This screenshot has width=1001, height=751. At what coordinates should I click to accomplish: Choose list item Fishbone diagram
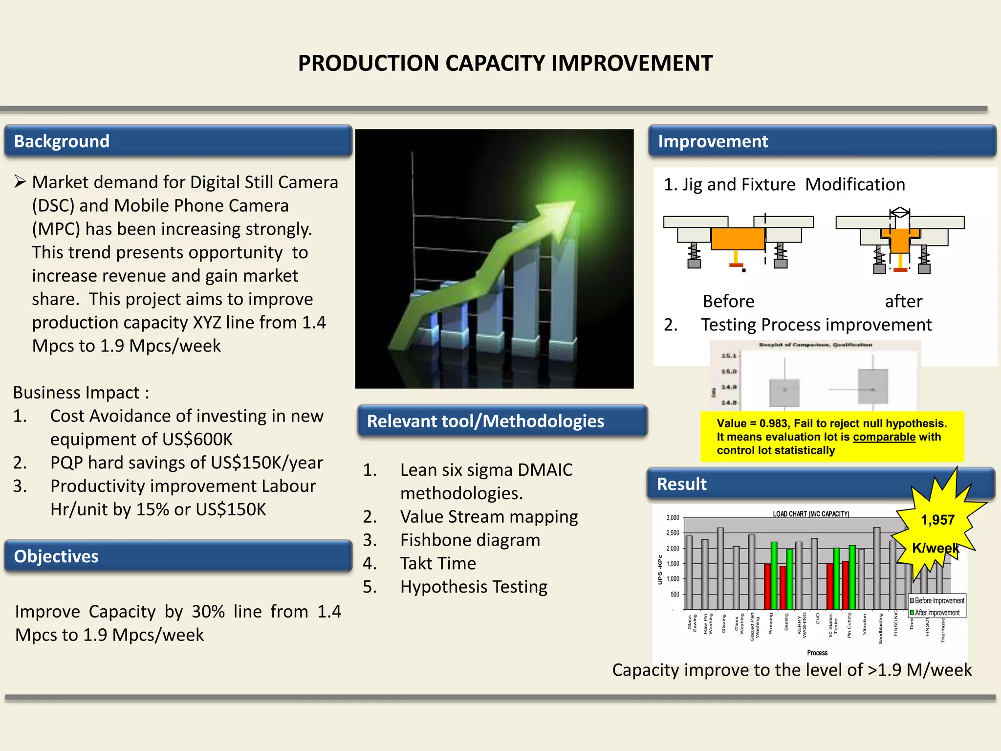click(470, 540)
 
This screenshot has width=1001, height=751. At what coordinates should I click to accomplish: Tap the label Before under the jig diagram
click(728, 301)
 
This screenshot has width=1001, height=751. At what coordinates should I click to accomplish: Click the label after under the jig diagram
click(903, 301)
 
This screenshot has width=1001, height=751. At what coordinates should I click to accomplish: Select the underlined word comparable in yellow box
click(884, 437)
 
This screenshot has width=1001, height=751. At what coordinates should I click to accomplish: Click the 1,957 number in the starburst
click(937, 520)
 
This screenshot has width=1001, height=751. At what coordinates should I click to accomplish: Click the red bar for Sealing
click(783, 587)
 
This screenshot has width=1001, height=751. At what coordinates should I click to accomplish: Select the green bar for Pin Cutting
click(852, 577)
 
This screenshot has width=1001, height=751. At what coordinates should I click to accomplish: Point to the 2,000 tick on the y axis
click(673, 549)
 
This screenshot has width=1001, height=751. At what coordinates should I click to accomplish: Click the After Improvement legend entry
click(936, 613)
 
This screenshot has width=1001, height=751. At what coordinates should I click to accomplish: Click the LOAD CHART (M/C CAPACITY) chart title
click(811, 514)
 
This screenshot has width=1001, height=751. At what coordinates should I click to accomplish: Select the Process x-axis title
click(817, 653)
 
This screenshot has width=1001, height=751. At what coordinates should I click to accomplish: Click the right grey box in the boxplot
click(872, 386)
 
